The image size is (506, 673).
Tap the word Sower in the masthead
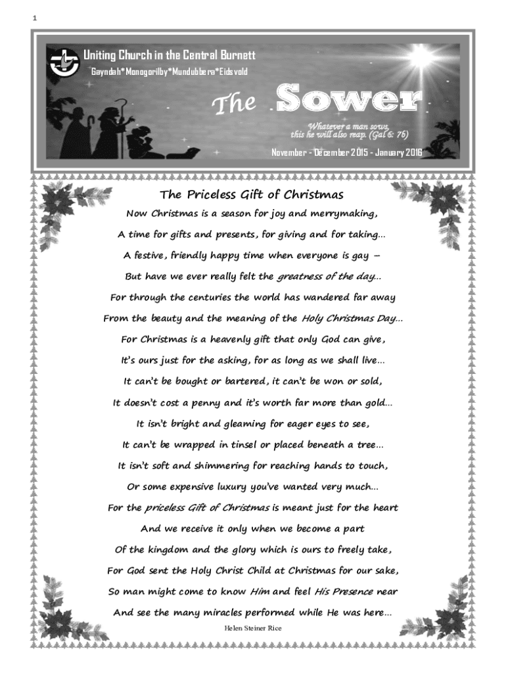(348, 100)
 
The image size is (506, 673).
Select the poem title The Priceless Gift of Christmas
(252, 195)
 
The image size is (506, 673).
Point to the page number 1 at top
(34, 18)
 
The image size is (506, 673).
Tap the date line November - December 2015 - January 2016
(348, 152)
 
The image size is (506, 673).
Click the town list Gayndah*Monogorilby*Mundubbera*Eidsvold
(168, 70)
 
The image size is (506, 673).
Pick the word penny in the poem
(211, 403)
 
